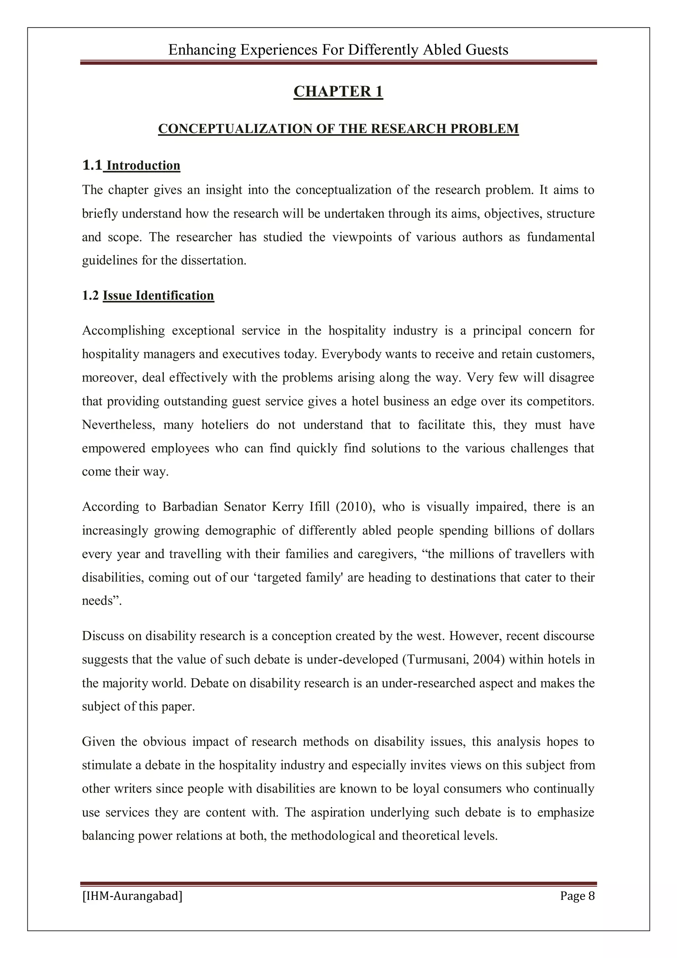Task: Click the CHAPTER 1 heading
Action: (338, 91)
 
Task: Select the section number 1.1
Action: (92, 166)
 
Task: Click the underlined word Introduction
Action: (143, 166)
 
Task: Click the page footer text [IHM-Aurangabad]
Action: (132, 896)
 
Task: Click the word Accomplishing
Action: (124, 331)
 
